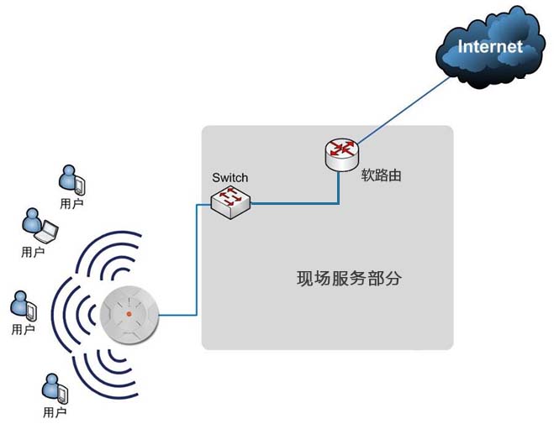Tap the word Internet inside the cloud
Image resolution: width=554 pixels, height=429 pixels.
click(490, 47)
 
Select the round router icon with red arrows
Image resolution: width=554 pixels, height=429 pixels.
click(341, 154)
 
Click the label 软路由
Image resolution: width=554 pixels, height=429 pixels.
click(381, 175)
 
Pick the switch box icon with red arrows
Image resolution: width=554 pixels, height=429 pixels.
click(230, 202)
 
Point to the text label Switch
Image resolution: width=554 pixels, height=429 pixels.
click(230, 177)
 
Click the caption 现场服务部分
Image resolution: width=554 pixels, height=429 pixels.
click(349, 279)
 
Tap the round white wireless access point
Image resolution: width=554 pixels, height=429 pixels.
click(129, 314)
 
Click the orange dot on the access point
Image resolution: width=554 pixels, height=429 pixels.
click(129, 314)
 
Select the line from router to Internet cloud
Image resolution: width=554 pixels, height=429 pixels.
click(404, 110)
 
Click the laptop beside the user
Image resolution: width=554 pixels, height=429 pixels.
click(46, 232)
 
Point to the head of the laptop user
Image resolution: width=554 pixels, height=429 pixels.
click(33, 214)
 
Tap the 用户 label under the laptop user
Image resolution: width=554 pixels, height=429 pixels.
click(33, 252)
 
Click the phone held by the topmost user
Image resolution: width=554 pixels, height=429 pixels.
click(80, 186)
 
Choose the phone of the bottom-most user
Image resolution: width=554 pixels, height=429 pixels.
click(63, 394)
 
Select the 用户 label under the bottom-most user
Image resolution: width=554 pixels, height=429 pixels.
click(55, 412)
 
